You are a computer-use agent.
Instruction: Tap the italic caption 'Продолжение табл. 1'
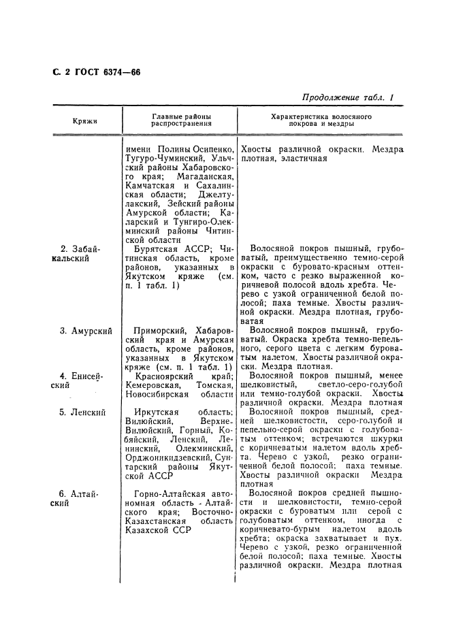click(x=348, y=97)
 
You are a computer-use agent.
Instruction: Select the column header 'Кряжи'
click(x=85, y=121)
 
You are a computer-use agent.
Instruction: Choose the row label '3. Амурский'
click(x=86, y=331)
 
